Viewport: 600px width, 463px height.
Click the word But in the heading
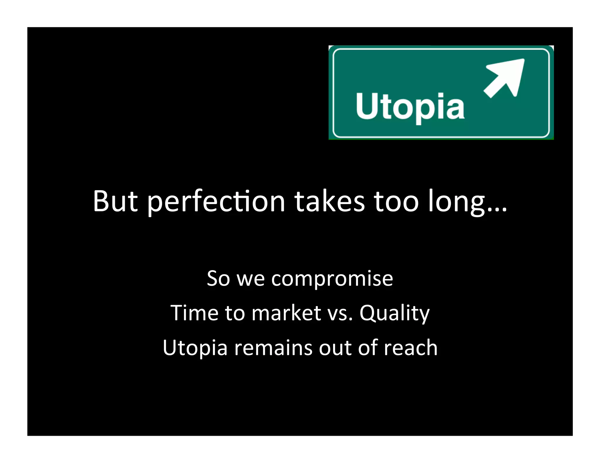[115, 201]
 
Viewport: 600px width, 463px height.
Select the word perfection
[216, 202]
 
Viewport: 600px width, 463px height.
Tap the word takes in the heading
[330, 201]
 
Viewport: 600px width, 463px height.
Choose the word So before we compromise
[218, 278]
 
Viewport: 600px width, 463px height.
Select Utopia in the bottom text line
[195, 348]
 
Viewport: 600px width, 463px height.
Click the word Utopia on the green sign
[410, 107]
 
